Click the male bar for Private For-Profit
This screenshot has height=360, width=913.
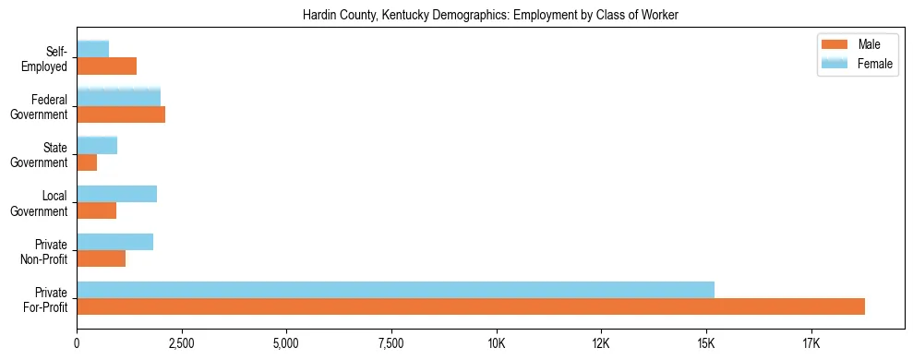point(471,306)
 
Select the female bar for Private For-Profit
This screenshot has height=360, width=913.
point(395,290)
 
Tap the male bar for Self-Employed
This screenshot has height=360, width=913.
point(107,66)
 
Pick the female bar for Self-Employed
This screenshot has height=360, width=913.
point(93,49)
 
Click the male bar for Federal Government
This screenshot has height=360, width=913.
point(121,114)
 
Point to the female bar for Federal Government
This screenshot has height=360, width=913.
point(119,97)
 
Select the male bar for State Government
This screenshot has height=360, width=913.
point(87,162)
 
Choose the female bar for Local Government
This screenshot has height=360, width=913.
point(117,194)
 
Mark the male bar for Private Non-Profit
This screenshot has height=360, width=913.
point(102,258)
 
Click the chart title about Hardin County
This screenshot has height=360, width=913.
point(490,15)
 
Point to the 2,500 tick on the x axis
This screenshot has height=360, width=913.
point(182,343)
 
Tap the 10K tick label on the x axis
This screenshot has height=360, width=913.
point(497,343)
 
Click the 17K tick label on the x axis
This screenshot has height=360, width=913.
point(811,343)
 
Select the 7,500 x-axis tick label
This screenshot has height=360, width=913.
point(391,343)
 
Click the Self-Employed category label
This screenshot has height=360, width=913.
point(48,59)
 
